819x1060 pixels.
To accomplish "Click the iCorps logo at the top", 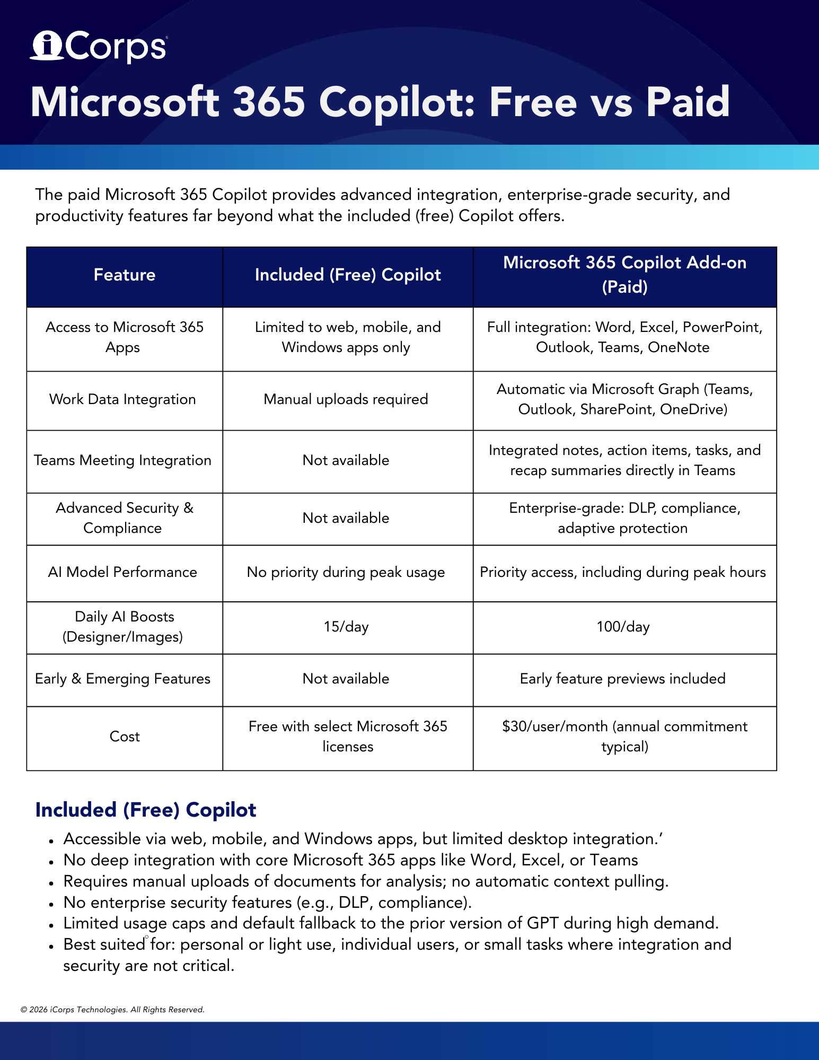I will coord(99,47).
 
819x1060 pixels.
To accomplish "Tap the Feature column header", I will coord(125,275).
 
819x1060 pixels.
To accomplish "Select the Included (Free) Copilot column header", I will coord(348,275).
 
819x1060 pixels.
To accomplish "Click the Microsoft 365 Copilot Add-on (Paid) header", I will coord(624,275).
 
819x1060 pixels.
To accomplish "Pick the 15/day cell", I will coord(346,627).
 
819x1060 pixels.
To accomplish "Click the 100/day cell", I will coord(623,627).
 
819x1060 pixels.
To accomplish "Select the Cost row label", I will coord(125,737).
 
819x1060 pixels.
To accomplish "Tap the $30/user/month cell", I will coord(624,736).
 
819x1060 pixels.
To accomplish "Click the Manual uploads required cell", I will coord(346,399).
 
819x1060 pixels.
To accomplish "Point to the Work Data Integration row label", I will coord(122,399).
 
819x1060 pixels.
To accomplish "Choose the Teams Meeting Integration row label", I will coord(122,460).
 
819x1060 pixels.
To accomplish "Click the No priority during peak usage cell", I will coord(346,572).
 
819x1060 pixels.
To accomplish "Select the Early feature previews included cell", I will coord(622,679).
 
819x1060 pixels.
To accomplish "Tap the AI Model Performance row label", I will coord(122,572).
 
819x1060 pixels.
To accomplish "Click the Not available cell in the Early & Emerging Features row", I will coord(346,679).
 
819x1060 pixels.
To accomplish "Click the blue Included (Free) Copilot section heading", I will coord(146,810).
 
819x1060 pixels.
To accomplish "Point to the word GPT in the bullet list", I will coord(542,923).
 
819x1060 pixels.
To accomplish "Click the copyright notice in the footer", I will coord(112,1010).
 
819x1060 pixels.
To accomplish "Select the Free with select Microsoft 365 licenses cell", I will coord(348,736).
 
